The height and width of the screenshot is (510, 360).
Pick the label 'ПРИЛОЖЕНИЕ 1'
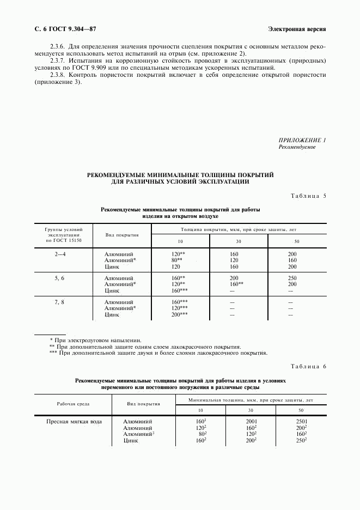[x=302, y=140]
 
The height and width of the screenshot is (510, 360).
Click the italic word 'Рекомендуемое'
[x=297, y=147]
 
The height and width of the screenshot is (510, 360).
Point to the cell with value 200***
[x=179, y=314]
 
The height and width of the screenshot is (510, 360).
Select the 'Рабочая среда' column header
[x=73, y=404]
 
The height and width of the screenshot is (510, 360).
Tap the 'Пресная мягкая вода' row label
[x=74, y=421]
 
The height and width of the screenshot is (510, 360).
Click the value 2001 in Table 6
[x=251, y=421]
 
